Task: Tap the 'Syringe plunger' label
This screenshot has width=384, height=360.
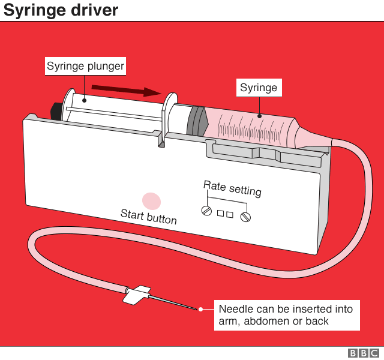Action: (x=85, y=66)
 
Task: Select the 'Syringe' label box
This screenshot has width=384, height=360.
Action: (x=259, y=88)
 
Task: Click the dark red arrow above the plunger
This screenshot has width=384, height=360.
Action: (x=126, y=91)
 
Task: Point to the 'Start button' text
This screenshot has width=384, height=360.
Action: (x=149, y=216)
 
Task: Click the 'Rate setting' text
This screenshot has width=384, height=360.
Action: (x=232, y=188)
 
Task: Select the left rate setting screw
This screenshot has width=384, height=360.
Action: (x=207, y=211)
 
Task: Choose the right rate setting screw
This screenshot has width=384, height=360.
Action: (x=245, y=217)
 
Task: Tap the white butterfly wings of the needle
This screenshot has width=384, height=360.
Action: (x=136, y=293)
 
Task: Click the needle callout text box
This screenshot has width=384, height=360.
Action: (x=286, y=315)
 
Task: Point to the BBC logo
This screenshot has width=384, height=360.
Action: (x=364, y=353)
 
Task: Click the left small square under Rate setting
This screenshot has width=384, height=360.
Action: (x=220, y=213)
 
